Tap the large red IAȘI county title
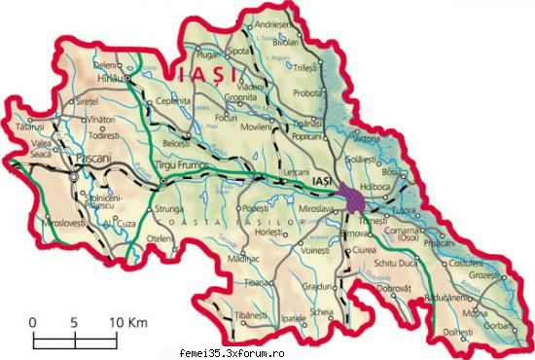[193, 73]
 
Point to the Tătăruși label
[29, 127]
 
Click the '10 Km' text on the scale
[126, 321]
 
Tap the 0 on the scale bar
[32, 321]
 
